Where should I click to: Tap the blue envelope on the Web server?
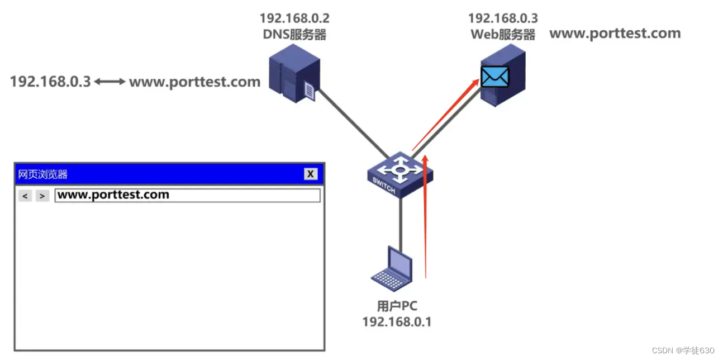point(495,77)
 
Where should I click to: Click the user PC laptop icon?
point(393,269)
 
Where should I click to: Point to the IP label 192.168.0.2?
point(294,18)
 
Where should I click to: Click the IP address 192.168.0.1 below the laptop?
point(397,322)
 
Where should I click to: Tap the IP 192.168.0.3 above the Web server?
point(503,18)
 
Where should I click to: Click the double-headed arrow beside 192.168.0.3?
point(110,82)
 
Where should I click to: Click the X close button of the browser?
point(311,174)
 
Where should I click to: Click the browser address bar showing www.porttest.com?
point(187,195)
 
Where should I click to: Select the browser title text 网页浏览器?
point(43,174)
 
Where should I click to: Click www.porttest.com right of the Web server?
point(615,33)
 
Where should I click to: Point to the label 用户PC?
point(397,306)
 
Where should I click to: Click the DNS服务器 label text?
point(294,35)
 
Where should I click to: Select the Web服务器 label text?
point(503,35)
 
